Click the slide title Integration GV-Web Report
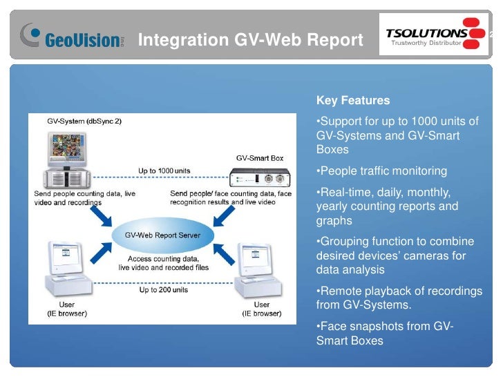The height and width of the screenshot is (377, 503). pos(251,41)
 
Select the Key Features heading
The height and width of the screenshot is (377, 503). pos(352,100)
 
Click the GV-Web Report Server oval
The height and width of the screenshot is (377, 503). pos(162,235)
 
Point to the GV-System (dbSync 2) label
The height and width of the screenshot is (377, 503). pos(84,122)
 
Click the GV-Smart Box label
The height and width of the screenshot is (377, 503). pos(260,158)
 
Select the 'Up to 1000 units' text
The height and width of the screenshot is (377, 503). pos(164,170)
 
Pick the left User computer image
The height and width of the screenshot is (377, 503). pos(66,273)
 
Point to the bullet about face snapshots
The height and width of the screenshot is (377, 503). pos(384,333)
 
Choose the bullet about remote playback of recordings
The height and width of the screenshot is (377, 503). pos(399,298)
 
